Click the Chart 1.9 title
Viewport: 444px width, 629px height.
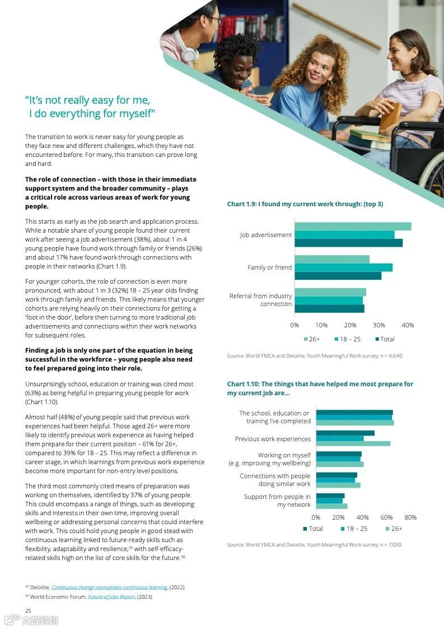tap(305, 204)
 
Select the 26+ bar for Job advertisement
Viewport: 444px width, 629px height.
tap(353, 226)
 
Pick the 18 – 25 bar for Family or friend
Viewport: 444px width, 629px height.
tap(343, 267)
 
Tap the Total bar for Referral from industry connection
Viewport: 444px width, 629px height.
tap(329, 308)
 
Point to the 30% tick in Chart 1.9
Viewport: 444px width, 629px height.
tap(379, 325)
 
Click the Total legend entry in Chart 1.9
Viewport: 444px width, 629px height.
tap(385, 339)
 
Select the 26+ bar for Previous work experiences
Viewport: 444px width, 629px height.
tap(353, 443)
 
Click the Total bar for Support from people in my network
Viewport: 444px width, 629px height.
tap(330, 496)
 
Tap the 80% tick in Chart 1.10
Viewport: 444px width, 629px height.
tap(410, 517)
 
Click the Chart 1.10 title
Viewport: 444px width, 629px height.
tap(320, 388)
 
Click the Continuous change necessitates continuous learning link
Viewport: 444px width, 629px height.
tap(109, 587)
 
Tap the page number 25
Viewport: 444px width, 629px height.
tap(28, 610)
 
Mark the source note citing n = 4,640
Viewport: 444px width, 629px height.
tap(315, 355)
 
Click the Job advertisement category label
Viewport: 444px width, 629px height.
tap(266, 235)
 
